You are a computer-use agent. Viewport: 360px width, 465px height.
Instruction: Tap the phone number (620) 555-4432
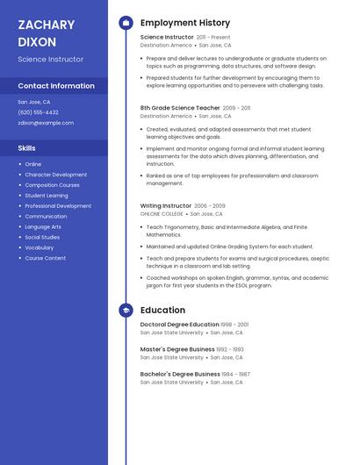click(38, 112)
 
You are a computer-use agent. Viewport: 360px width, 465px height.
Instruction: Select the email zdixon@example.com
click(46, 123)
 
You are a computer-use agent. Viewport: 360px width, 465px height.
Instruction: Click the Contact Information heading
click(56, 86)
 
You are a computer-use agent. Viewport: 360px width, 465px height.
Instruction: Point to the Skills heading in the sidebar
click(27, 148)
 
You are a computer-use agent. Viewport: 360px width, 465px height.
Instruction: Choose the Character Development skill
click(56, 175)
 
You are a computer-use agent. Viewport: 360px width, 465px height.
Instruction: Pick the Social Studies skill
click(42, 237)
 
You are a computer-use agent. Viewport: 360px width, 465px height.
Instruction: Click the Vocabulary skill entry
click(40, 247)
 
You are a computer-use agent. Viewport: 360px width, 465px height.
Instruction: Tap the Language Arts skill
click(44, 226)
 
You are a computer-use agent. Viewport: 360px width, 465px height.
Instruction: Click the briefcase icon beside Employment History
click(126, 23)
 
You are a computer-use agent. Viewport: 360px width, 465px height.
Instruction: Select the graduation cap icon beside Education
click(126, 310)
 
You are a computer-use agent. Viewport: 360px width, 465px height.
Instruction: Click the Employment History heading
click(185, 23)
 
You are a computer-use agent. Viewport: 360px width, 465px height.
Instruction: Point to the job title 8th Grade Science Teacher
click(180, 108)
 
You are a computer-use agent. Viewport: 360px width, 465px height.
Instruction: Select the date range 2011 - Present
click(213, 38)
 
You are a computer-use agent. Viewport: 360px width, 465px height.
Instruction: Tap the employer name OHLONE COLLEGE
click(162, 214)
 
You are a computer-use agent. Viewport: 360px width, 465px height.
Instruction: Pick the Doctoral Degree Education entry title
click(180, 325)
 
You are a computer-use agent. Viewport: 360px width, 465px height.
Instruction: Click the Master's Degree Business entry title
click(177, 349)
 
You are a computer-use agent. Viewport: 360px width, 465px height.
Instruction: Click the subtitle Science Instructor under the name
click(51, 59)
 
